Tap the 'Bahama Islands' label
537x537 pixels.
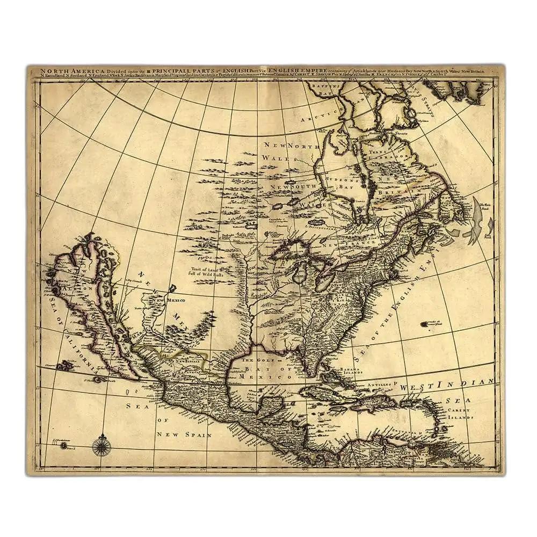coord(350,371)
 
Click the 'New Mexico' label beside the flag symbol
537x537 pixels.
coord(177,300)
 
